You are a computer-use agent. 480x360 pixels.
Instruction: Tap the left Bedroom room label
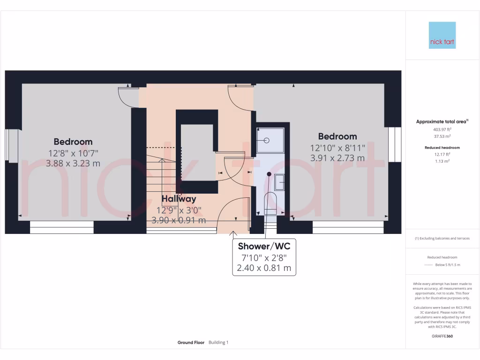[73, 142]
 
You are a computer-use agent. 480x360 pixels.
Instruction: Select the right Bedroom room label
[337, 136]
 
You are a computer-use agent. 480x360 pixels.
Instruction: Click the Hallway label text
[179, 199]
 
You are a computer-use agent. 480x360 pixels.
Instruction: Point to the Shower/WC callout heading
[264, 246]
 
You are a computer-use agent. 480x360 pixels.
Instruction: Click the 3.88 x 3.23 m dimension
[73, 164]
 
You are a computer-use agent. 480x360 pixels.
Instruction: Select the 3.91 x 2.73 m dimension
[337, 158]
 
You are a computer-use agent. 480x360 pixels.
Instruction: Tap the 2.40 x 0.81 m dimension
[264, 268]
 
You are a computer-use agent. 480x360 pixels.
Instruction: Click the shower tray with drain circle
[270, 140]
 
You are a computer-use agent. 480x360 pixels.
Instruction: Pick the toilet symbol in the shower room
[271, 203]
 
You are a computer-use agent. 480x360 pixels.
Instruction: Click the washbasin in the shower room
[280, 180]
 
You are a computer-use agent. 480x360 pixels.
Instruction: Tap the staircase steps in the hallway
[162, 171]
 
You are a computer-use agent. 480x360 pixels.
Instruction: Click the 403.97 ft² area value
[442, 129]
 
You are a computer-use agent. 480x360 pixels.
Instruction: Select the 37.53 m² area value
[442, 136]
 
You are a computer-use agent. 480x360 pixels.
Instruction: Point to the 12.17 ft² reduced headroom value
[442, 154]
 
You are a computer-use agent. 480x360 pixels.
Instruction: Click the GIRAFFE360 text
[442, 336]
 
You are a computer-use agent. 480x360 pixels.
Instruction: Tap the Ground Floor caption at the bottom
[191, 343]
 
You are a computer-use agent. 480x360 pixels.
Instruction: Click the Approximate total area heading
[441, 121]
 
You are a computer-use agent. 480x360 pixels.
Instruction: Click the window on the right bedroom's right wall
[395, 145]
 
